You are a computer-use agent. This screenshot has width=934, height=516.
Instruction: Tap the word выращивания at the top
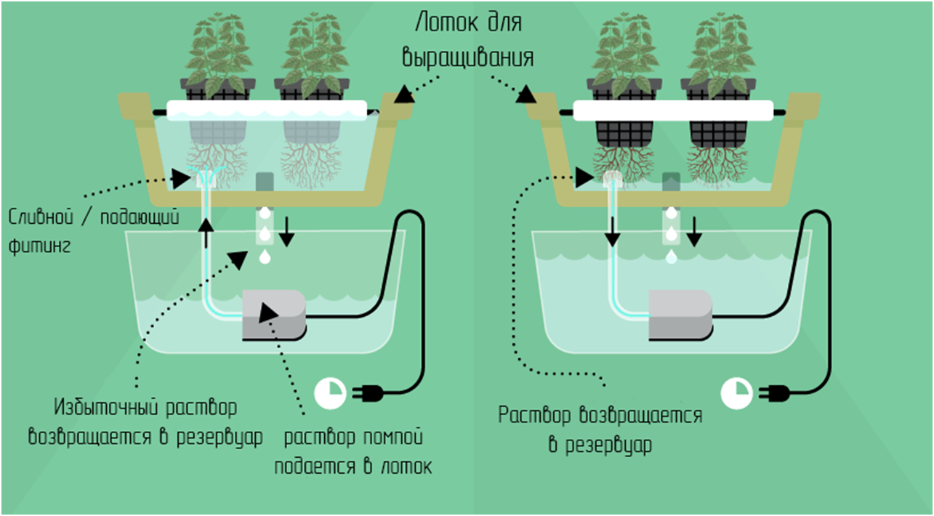coord(468,57)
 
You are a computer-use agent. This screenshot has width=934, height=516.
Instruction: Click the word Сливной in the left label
coord(41,217)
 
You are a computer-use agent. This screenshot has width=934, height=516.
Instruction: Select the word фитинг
coord(39,246)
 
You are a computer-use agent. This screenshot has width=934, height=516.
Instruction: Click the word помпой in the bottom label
coord(392,438)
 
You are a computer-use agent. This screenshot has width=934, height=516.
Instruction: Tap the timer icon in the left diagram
coord(330,393)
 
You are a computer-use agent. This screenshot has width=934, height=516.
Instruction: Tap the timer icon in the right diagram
coord(736,393)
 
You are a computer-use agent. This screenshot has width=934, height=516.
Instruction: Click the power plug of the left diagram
coord(368,393)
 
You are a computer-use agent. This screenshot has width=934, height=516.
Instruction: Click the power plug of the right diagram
coord(774,393)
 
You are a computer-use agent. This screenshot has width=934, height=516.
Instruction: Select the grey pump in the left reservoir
coord(274,315)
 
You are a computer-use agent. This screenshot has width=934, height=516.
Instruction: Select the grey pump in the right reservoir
coord(680,315)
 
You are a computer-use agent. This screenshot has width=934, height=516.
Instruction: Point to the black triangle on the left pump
coord(268,313)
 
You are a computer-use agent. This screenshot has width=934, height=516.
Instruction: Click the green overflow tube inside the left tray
coord(265,182)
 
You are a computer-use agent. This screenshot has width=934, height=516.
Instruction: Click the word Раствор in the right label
coord(534,415)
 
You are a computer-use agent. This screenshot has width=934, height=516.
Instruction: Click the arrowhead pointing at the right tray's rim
coord(526,94)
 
